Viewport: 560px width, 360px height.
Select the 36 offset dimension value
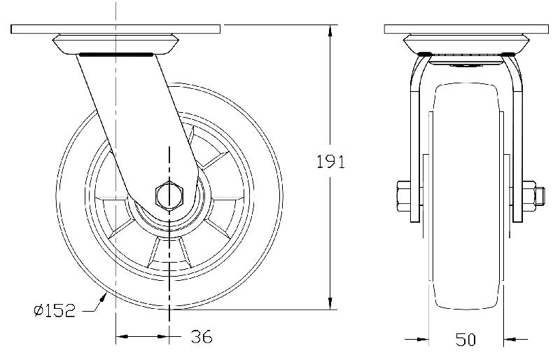202,337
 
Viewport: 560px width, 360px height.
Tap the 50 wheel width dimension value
465,340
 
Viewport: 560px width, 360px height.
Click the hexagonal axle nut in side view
169,194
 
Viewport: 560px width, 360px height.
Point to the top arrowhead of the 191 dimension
330,30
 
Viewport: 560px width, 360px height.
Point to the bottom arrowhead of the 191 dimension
330,303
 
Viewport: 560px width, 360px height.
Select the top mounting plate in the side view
115,30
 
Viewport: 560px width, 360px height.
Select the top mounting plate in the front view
466,30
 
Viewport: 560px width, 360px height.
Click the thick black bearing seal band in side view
115,53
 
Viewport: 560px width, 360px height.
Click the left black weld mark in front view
423,54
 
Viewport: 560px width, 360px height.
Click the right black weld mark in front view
509,54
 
